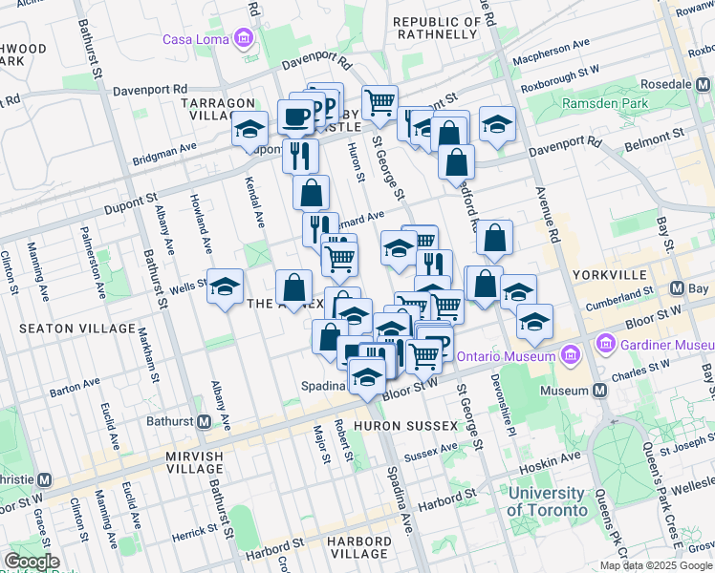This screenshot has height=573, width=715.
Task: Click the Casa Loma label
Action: (197, 39)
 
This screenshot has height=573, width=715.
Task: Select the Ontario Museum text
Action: (506, 355)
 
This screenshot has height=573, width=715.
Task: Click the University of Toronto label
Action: (547, 501)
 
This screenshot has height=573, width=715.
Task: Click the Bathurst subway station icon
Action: (205, 421)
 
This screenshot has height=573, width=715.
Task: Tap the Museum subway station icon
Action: (599, 390)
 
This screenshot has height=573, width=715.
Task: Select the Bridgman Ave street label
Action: (163, 160)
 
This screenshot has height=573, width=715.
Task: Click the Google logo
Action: (32, 562)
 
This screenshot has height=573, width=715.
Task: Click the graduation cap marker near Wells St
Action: (225, 286)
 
